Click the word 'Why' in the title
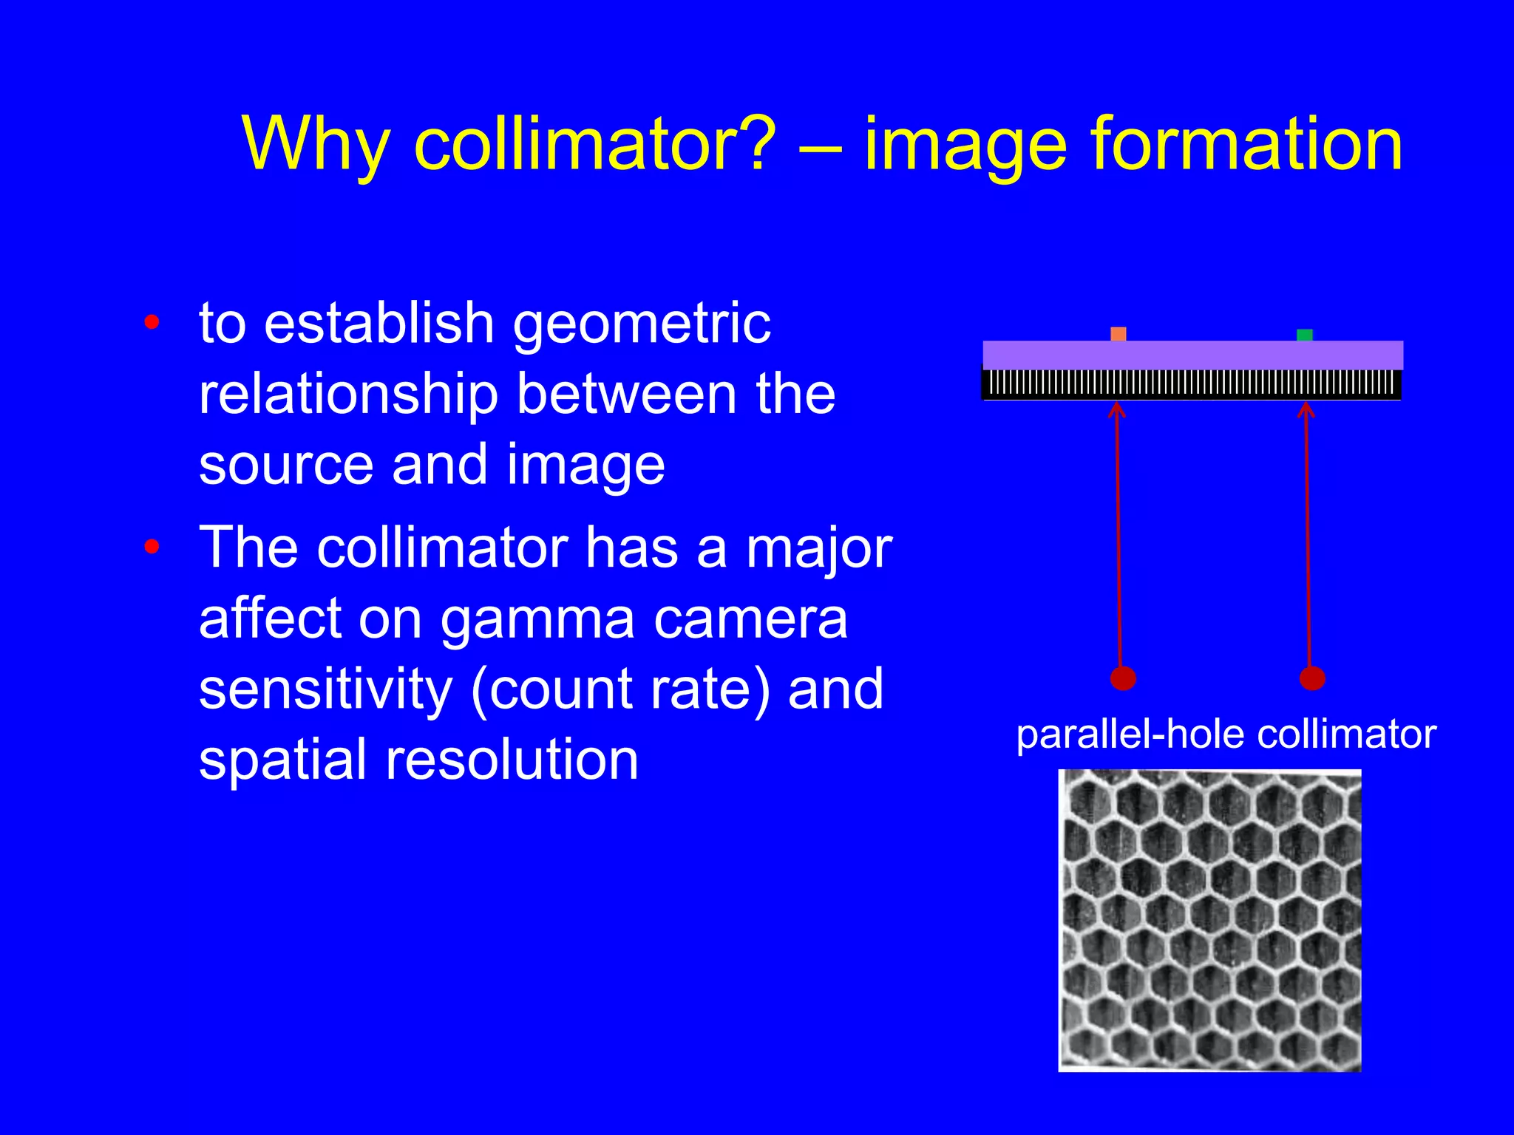(316, 146)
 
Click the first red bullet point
(152, 322)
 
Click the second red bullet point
(152, 547)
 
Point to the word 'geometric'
(642, 325)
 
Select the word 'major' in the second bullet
(818, 550)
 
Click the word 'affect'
(269, 618)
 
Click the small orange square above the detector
(1118, 334)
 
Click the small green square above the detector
(1305, 335)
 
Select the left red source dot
(1123, 678)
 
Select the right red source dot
(1312, 678)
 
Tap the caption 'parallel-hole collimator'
(1226, 735)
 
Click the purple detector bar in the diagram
(1192, 355)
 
